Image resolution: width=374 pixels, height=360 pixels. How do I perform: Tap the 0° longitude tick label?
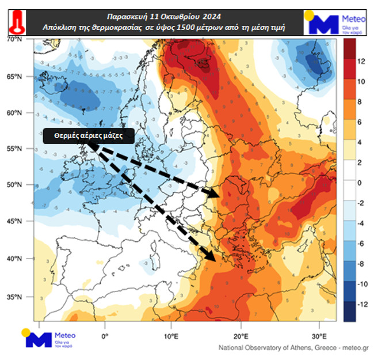pos(104,336)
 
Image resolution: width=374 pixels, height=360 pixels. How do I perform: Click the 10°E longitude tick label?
pos(171,336)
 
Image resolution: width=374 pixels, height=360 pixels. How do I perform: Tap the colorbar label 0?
pos(360,183)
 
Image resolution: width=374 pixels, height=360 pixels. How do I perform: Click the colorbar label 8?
pos(360,101)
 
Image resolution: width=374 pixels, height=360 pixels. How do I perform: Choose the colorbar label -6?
pos(361,244)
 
